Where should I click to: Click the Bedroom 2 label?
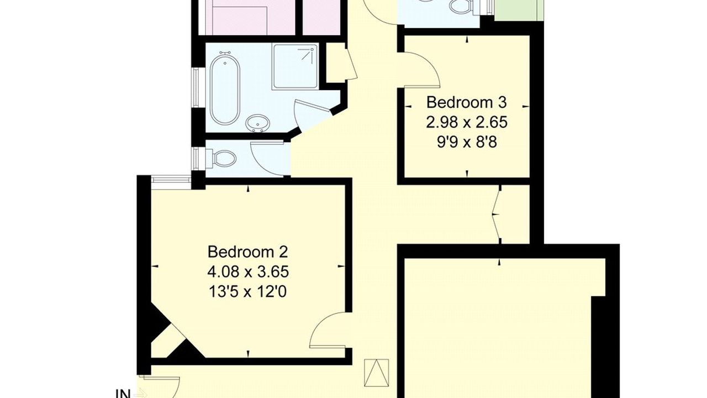pyautogui.click(x=248, y=252)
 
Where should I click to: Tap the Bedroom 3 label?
pyautogui.click(x=467, y=102)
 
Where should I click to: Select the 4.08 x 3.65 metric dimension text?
pyautogui.click(x=248, y=272)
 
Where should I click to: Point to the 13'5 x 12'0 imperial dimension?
pyautogui.click(x=248, y=292)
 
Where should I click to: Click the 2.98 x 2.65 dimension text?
pyautogui.click(x=467, y=122)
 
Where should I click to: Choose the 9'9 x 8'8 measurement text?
pyautogui.click(x=467, y=143)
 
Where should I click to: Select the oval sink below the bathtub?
pyautogui.click(x=257, y=123)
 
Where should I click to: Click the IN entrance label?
pyautogui.click(x=123, y=394)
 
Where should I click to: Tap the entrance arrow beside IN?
pyautogui.click(x=140, y=394)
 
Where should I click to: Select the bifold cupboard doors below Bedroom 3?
pyautogui.click(x=497, y=214)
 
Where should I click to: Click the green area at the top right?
pyautogui.click(x=519, y=11)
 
